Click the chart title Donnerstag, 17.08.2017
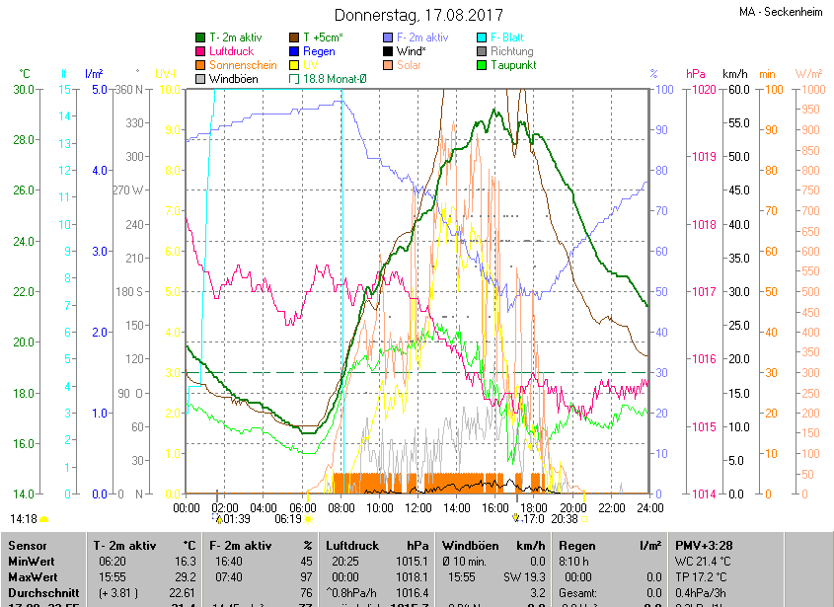(418, 16)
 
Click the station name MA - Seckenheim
(781, 12)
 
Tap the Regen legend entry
(319, 51)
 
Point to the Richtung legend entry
(511, 51)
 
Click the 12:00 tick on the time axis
(418, 507)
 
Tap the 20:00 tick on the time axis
(573, 507)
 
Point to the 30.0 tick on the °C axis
(24, 90)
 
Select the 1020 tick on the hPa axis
(703, 90)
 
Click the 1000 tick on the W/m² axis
(808, 90)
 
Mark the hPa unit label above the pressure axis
(696, 74)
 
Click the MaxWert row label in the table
(34, 576)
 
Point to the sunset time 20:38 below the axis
(565, 518)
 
